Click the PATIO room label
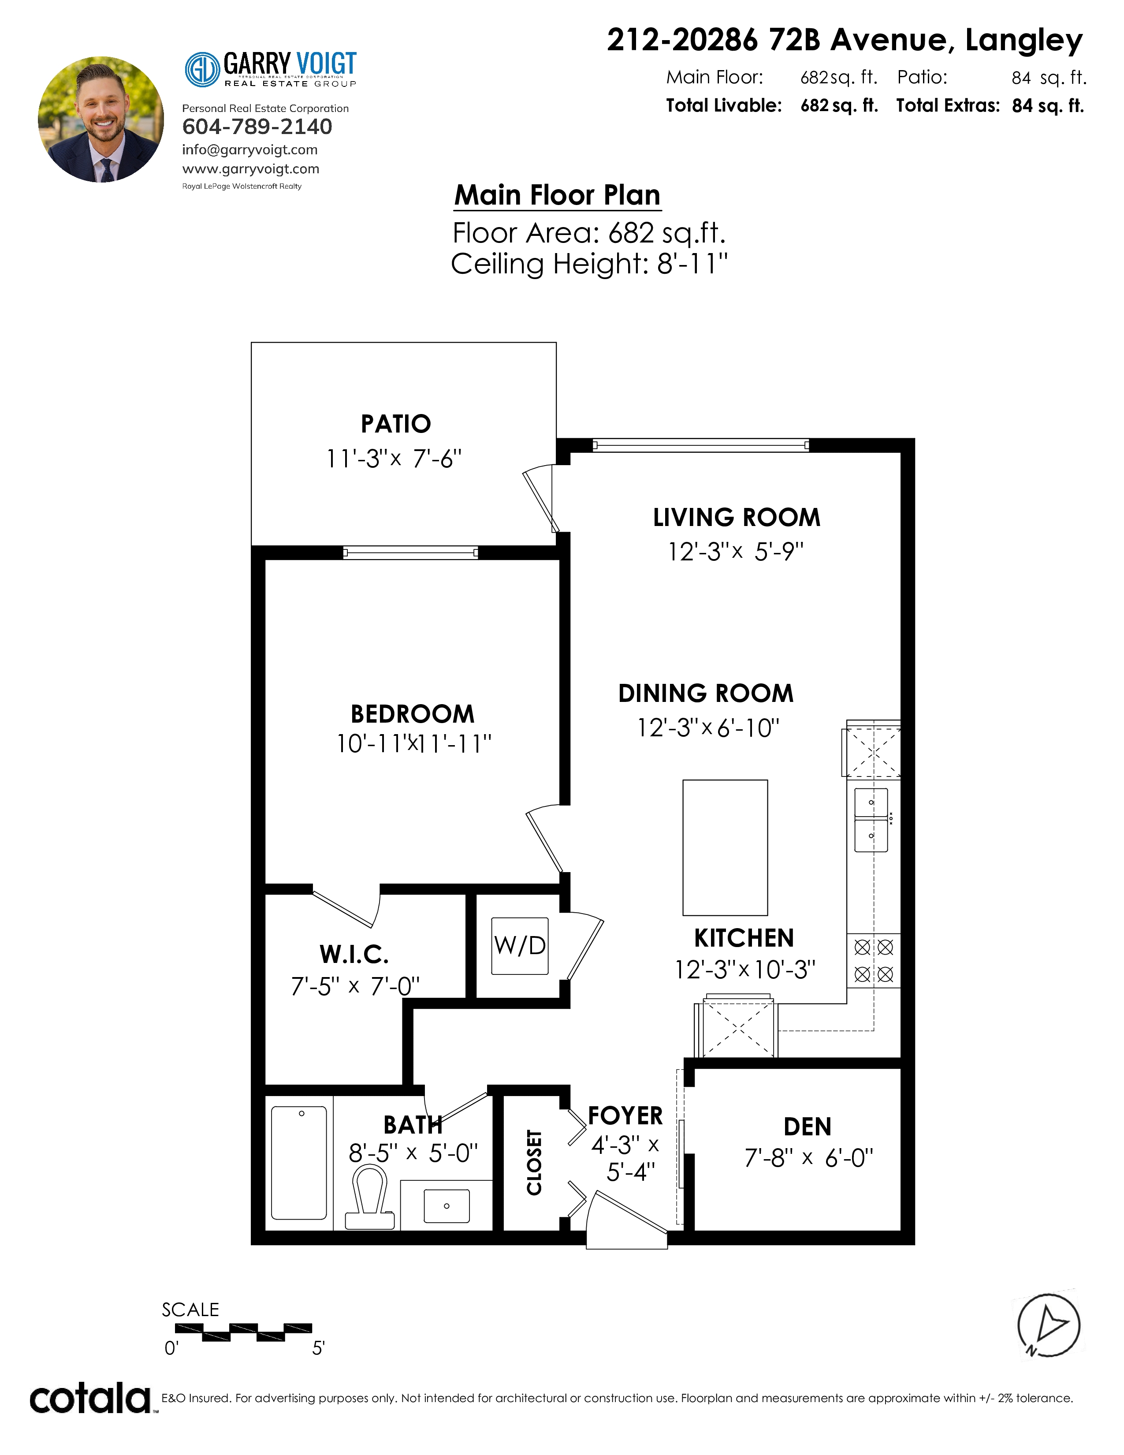pyautogui.click(x=395, y=424)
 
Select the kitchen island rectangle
pyautogui.click(x=725, y=847)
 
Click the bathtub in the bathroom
pyautogui.click(x=299, y=1163)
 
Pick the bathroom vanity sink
pyautogui.click(x=446, y=1206)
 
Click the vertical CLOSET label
pyautogui.click(x=534, y=1163)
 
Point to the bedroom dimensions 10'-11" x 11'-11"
pyautogui.click(x=413, y=743)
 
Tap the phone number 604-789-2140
pyautogui.click(x=257, y=127)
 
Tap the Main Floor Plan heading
pyautogui.click(x=557, y=195)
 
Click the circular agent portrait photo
pyautogui.click(x=101, y=119)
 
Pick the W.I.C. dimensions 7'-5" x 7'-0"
pyautogui.click(x=355, y=986)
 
